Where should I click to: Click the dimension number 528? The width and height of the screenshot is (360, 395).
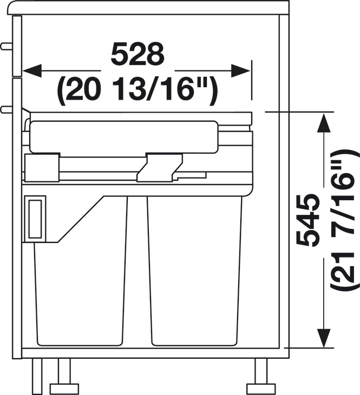(x=138, y=54)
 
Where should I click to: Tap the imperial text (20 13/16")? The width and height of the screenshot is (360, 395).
(x=138, y=90)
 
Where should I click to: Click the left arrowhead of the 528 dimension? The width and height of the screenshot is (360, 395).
(x=32, y=71)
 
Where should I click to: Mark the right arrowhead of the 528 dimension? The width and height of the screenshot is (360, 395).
(x=240, y=71)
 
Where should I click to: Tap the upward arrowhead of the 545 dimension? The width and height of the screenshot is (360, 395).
(x=324, y=122)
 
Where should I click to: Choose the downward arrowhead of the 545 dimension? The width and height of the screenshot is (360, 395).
(x=324, y=338)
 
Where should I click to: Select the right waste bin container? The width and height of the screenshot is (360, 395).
(x=194, y=271)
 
